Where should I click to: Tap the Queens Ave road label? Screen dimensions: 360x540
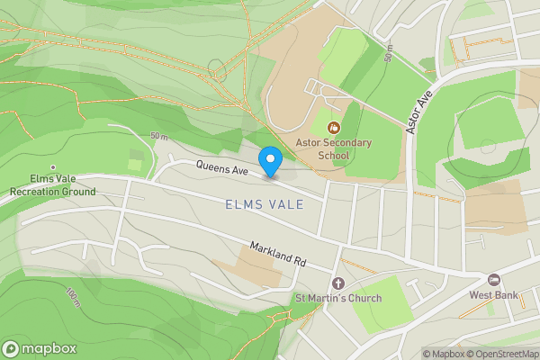click(x=222, y=167)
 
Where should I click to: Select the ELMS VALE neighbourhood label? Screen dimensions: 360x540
click(x=265, y=204)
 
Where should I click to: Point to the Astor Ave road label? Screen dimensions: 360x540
click(x=418, y=112)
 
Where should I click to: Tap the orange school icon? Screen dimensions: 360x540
click(x=333, y=128)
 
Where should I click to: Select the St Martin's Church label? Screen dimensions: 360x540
click(x=338, y=298)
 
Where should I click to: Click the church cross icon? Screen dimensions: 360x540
click(x=338, y=283)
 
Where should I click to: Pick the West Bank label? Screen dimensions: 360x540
click(x=493, y=293)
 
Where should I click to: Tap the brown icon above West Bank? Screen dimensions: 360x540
click(x=493, y=279)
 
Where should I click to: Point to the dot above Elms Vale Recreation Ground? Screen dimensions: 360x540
click(x=53, y=166)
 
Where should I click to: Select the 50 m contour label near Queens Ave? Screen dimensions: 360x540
click(x=160, y=136)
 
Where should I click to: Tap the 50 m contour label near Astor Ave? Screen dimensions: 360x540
click(x=388, y=54)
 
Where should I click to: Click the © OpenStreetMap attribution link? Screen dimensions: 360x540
click(x=500, y=354)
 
